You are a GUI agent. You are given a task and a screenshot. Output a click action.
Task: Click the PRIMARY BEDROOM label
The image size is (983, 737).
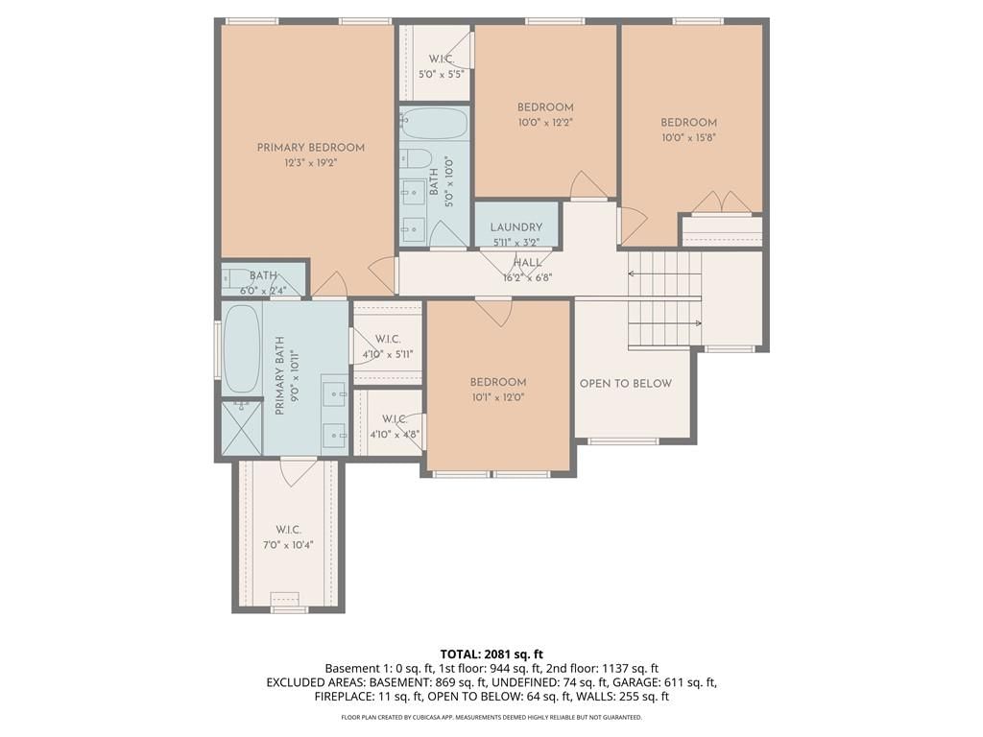click(x=311, y=148)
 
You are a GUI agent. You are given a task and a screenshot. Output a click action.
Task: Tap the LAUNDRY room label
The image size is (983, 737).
click(x=515, y=227)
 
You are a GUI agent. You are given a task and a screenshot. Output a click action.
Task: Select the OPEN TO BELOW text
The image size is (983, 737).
click(x=626, y=384)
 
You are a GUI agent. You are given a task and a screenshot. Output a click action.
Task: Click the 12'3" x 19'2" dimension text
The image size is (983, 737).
click(x=311, y=163)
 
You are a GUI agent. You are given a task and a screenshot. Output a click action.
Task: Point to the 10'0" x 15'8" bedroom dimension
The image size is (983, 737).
click(x=689, y=138)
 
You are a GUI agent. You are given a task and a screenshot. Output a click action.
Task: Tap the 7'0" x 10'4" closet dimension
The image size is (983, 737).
click(x=288, y=545)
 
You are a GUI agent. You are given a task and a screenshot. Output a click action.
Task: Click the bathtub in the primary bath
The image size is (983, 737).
click(x=242, y=349)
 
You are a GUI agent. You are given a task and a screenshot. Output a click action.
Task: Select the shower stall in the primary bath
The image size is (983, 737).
click(x=242, y=429)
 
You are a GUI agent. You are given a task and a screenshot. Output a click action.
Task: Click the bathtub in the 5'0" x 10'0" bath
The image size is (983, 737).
click(x=435, y=124)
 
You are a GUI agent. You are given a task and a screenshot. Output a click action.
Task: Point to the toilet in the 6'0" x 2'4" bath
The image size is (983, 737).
click(x=232, y=276)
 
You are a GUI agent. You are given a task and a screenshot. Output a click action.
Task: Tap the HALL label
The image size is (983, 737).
click(x=527, y=263)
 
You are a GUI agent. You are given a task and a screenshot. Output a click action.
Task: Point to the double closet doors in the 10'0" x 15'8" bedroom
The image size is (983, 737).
click(x=722, y=202)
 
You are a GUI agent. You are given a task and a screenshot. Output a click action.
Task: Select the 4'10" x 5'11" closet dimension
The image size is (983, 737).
click(x=388, y=354)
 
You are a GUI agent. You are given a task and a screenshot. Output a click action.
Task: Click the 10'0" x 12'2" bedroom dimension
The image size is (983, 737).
click(x=545, y=123)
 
